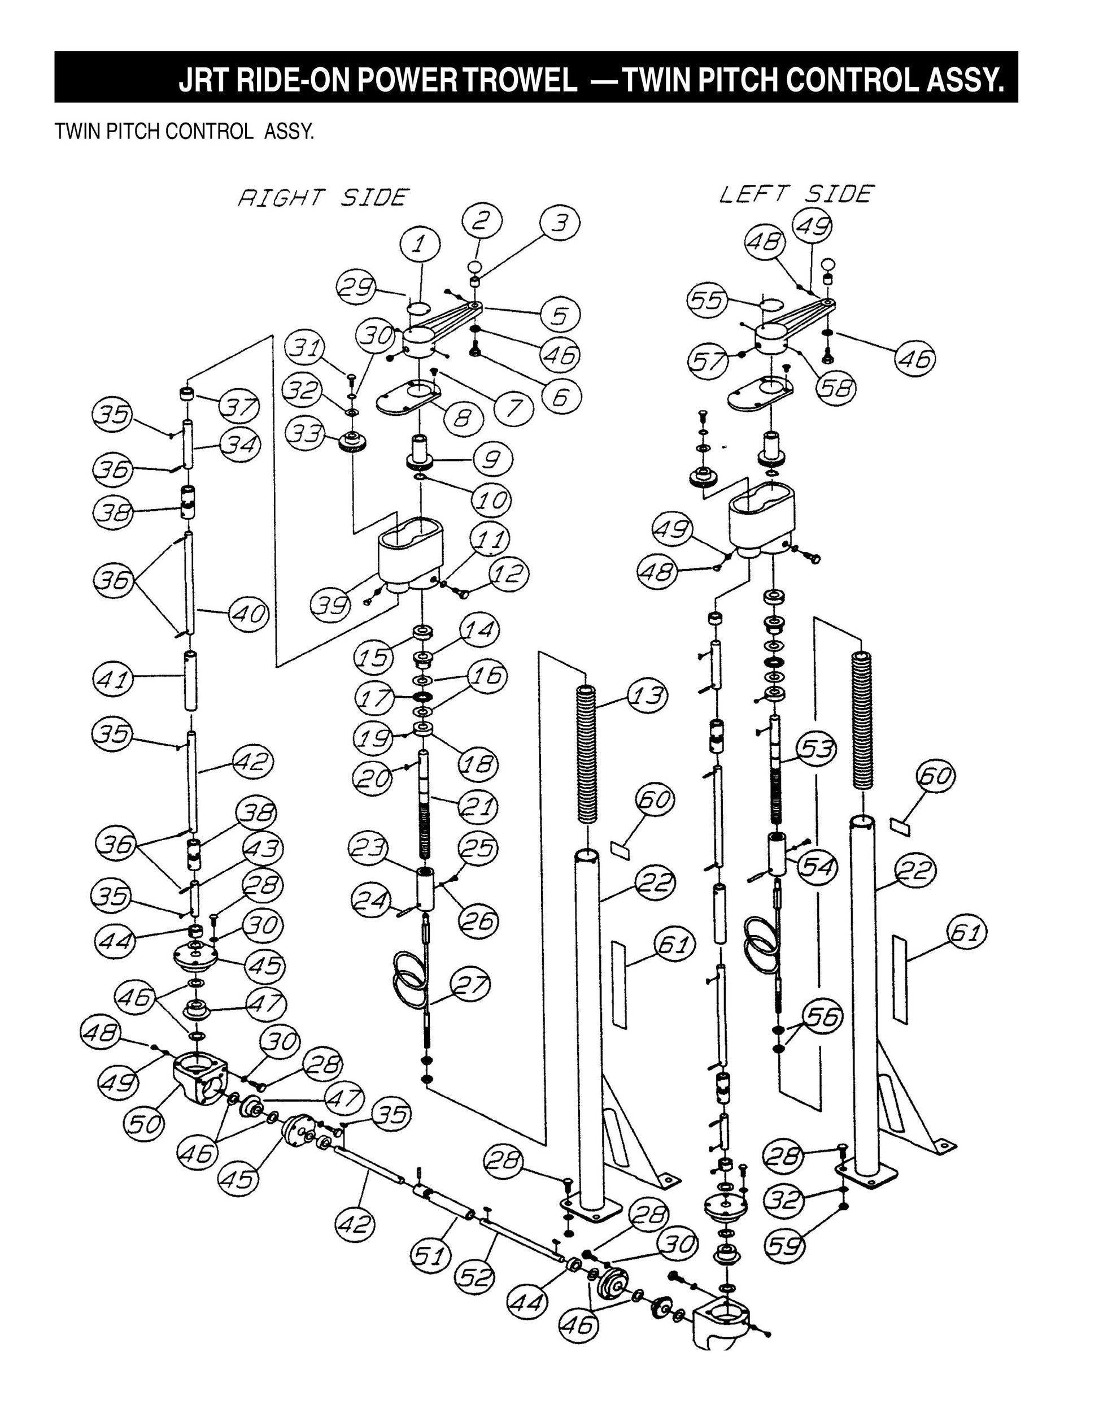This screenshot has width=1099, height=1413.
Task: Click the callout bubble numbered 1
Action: pyautogui.click(x=419, y=245)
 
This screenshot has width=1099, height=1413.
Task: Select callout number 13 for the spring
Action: pyautogui.click(x=646, y=695)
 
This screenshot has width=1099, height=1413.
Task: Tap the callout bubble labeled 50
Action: pyautogui.click(x=144, y=1124)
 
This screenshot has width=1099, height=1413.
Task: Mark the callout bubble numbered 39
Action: pyautogui.click(x=330, y=605)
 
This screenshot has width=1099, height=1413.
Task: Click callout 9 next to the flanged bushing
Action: pyautogui.click(x=493, y=458)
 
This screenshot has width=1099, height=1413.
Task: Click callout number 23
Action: pyautogui.click(x=368, y=849)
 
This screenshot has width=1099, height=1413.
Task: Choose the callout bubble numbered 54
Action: pyautogui.click(x=818, y=866)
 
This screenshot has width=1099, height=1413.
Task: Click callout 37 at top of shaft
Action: pyautogui.click(x=239, y=407)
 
